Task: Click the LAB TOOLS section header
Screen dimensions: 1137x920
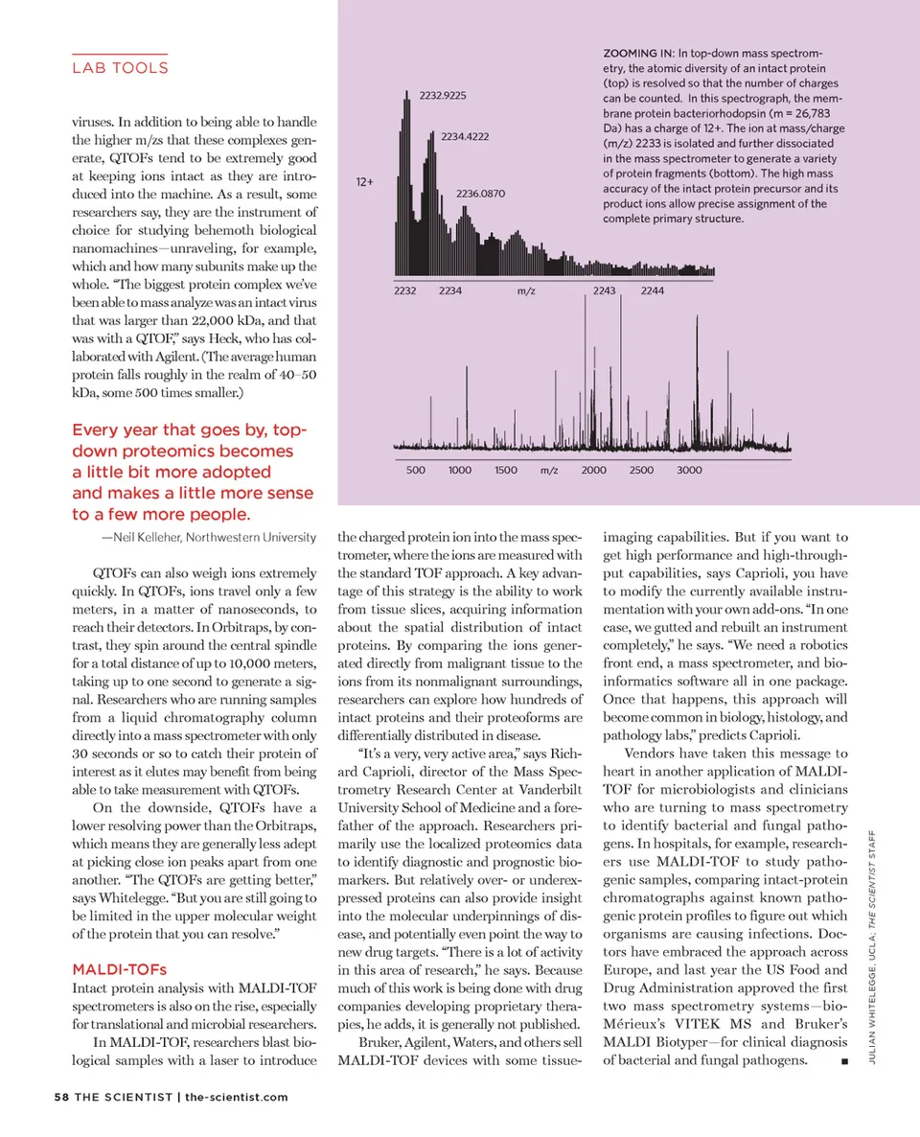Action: pos(120,68)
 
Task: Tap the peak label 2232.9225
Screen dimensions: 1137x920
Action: pos(443,95)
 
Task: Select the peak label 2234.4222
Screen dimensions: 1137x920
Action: pos(466,137)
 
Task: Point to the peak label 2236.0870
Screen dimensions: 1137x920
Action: pos(480,195)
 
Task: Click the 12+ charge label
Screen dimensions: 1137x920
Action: pos(365,181)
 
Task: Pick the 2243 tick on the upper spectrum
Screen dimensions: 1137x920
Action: pos(605,290)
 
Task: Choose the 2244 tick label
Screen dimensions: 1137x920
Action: pos(652,290)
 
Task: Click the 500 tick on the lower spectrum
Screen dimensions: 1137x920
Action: pos(416,470)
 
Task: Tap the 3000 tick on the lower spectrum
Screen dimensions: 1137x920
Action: pos(689,470)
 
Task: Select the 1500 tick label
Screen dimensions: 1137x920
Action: pos(506,470)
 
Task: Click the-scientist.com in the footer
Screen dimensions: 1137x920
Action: pos(236,1097)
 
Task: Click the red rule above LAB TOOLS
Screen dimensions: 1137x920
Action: pos(120,53)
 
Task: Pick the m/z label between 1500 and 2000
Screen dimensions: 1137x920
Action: pos(549,470)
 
